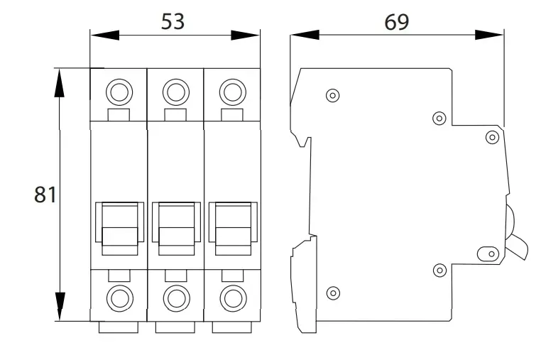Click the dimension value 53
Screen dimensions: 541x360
173,21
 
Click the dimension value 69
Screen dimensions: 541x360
396,22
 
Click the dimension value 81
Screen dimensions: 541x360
45,195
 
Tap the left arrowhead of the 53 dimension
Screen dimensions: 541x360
105,36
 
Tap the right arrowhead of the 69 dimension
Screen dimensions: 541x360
489,35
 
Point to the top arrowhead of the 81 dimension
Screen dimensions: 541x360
60,83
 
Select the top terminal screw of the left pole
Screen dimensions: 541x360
119,92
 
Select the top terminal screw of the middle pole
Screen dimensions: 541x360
176,92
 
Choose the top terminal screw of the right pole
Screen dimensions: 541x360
233,92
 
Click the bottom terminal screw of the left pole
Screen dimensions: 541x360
120,298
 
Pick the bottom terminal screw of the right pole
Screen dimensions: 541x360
234,298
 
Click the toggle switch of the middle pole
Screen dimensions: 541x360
176,229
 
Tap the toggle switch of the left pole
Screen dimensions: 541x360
120,229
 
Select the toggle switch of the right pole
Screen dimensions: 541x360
234,229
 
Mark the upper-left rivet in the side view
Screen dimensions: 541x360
332,96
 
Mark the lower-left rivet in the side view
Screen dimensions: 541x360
333,293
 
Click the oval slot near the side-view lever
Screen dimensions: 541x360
488,254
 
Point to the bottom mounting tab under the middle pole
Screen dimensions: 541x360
175,327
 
